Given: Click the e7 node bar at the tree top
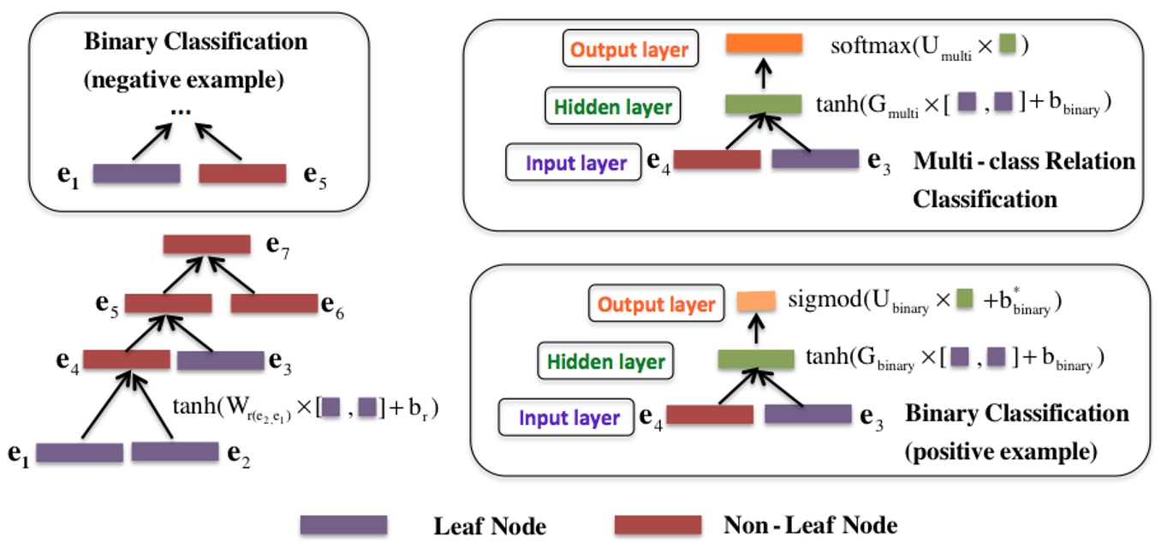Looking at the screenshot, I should click(x=206, y=245).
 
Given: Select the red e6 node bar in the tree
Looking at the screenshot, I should click(x=274, y=303).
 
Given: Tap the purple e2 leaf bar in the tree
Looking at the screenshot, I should click(x=175, y=452).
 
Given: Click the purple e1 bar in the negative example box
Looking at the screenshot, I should click(x=136, y=174).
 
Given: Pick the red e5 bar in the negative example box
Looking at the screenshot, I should click(x=242, y=174).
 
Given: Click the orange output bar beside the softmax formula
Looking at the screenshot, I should click(x=764, y=45).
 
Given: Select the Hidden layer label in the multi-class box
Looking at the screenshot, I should click(x=612, y=107).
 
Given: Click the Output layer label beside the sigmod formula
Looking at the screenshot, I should click(x=656, y=304).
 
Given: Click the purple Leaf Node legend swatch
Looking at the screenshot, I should click(x=342, y=525).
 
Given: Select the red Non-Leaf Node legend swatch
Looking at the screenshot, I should click(x=658, y=525).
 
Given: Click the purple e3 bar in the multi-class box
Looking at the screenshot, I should click(x=815, y=159).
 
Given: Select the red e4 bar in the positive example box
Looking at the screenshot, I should click(x=710, y=415).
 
